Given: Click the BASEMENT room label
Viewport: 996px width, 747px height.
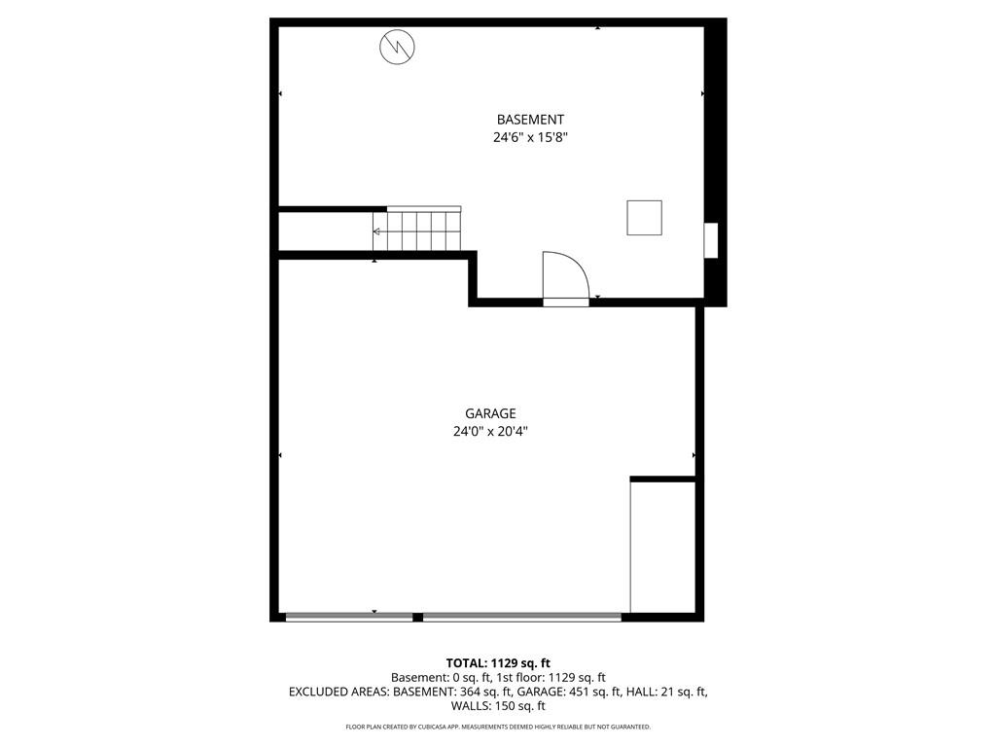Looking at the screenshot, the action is tap(530, 120).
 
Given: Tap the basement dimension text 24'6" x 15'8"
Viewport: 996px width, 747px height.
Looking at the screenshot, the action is tap(530, 137).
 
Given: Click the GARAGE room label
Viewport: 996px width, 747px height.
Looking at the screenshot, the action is tap(490, 413).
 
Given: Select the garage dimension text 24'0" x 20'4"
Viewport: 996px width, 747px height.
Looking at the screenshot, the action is tap(490, 431).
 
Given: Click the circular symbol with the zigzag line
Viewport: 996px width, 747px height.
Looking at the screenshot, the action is tap(397, 48).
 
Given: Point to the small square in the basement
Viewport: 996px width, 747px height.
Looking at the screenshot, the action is tap(644, 218).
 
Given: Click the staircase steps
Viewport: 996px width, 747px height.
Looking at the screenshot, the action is tap(416, 230).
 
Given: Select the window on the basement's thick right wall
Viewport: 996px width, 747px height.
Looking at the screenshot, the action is tap(711, 240).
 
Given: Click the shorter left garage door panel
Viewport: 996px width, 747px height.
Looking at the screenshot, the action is tap(349, 617).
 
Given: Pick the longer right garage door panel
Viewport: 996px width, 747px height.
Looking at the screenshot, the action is tap(522, 617).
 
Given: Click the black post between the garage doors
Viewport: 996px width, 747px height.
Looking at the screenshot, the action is tap(418, 617).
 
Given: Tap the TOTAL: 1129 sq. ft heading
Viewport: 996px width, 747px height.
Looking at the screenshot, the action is tap(498, 663).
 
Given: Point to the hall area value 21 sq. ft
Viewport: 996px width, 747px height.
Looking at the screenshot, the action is tap(684, 692).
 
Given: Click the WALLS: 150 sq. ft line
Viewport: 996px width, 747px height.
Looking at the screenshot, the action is tap(498, 706).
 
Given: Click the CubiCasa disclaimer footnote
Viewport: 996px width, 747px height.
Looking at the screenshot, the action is tap(498, 727).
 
